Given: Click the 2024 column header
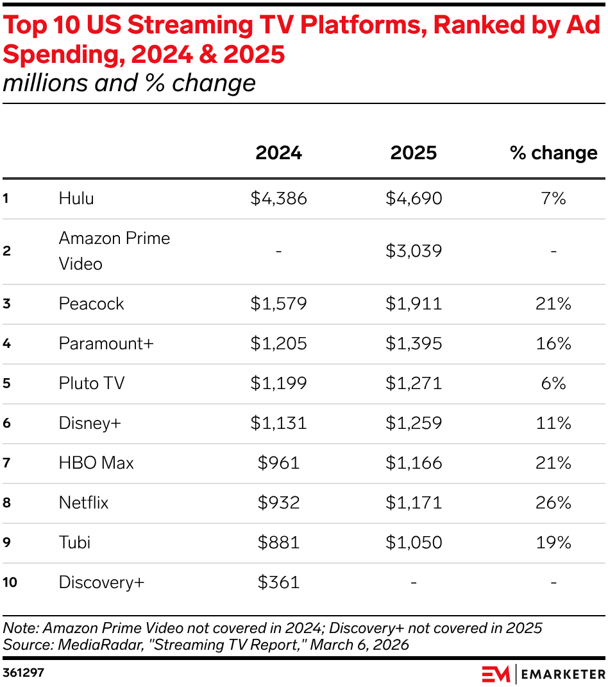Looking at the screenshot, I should tap(278, 153).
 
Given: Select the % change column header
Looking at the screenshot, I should tap(553, 153).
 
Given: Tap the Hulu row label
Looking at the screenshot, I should tap(76, 198).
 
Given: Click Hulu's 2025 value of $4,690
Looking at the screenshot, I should tap(414, 198).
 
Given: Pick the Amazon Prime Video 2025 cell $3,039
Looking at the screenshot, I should tap(414, 251).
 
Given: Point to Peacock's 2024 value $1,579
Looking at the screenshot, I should tap(278, 304).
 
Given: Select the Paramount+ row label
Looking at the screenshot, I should tap(106, 343).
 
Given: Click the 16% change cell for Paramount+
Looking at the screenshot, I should tap(553, 343).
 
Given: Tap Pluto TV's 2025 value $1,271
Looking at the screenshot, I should tap(414, 383).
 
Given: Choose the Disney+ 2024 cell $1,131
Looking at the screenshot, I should tap(278, 423).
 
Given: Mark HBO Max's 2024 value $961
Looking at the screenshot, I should tap(278, 463).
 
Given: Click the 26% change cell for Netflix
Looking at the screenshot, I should tap(553, 503).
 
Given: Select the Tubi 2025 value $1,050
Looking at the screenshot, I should tap(414, 543).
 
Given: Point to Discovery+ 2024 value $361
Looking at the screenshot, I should tap(278, 582).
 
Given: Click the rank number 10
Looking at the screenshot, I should tap(10, 582).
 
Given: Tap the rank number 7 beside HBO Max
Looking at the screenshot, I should tap(6, 463).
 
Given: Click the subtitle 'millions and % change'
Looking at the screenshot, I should tap(129, 83).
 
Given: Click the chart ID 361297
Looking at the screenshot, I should tap(24, 674).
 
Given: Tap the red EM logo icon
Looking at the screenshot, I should tap(496, 674).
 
